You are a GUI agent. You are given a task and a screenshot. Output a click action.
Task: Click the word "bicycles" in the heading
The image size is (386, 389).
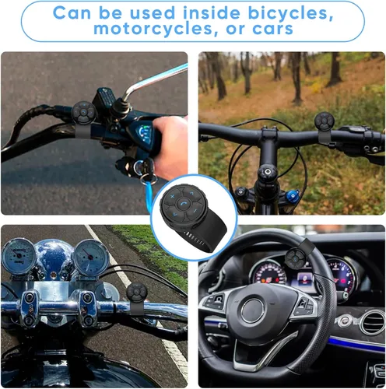(x=290, y=13)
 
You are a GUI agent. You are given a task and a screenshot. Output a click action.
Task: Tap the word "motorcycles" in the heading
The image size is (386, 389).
(x=153, y=29)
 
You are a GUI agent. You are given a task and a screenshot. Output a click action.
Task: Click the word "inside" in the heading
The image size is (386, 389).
(x=212, y=12)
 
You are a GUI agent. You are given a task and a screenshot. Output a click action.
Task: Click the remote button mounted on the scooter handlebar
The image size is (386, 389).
(x=83, y=113)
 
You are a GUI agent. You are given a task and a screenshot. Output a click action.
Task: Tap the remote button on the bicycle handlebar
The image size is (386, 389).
(x=325, y=121)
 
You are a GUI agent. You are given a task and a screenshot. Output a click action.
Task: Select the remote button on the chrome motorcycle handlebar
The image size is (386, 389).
(x=137, y=293)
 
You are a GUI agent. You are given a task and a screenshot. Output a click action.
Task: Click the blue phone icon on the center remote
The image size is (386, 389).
(x=183, y=204)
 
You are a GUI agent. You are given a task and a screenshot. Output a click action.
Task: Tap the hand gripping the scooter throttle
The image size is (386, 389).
(x=171, y=146)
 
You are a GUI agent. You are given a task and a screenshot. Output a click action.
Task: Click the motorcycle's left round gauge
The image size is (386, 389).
(x=19, y=255)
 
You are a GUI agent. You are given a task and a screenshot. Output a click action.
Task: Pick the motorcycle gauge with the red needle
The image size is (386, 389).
(x=90, y=257)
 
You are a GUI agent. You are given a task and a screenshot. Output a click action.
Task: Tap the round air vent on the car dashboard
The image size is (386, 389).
(x=373, y=322)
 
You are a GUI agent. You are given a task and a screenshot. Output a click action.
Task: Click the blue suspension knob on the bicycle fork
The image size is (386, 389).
(x=293, y=195)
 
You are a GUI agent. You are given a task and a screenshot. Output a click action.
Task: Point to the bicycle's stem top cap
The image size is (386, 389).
(x=267, y=172)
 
